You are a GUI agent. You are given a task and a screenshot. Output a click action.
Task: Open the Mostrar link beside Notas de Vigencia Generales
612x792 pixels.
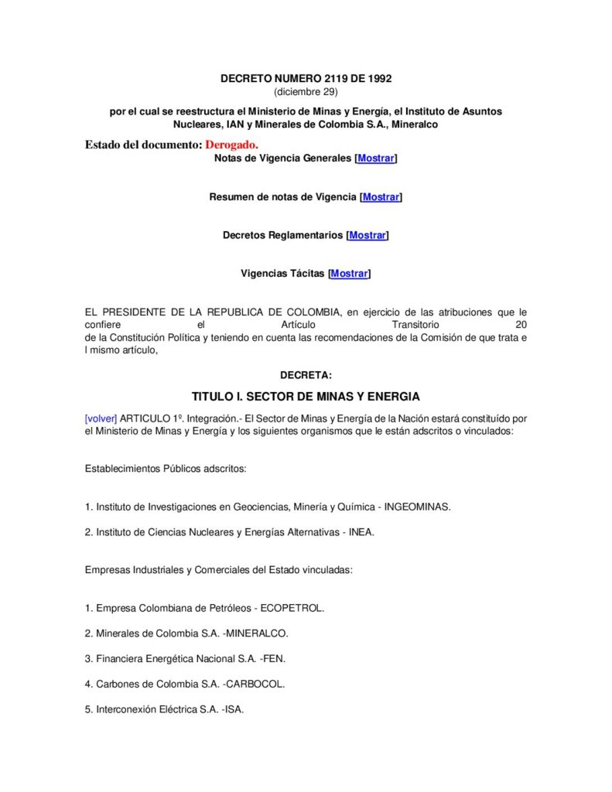(375, 159)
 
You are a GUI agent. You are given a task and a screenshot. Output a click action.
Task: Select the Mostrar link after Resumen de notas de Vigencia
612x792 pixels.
(381, 197)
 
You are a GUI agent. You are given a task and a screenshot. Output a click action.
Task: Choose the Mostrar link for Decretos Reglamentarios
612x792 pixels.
(368, 235)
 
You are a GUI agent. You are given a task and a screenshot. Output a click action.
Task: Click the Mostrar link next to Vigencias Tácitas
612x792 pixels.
(349, 273)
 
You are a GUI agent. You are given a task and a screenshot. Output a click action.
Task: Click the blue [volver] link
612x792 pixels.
(101, 418)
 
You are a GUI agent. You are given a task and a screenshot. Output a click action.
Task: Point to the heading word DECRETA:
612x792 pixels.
(306, 375)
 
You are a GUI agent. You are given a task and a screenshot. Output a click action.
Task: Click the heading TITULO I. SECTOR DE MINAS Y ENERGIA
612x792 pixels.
(306, 397)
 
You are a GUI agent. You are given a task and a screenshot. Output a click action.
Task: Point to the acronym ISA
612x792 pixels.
(234, 708)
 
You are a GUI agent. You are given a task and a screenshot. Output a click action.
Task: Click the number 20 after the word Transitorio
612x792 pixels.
(520, 325)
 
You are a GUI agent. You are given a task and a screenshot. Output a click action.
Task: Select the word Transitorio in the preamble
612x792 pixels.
(415, 325)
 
